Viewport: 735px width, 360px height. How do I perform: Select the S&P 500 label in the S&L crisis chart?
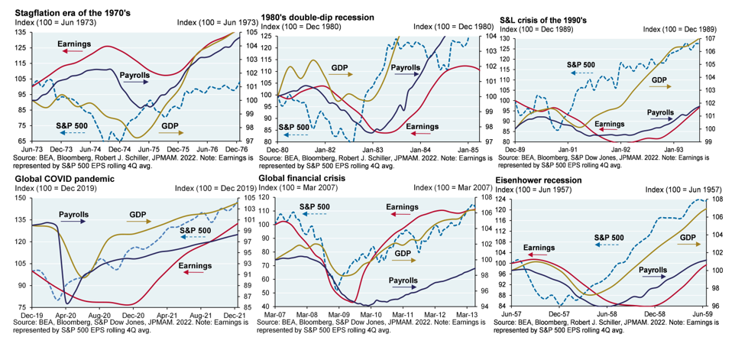(x=582, y=65)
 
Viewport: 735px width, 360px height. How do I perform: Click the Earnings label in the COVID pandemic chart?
(x=196, y=265)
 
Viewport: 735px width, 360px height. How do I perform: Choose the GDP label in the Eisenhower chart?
(x=688, y=237)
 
